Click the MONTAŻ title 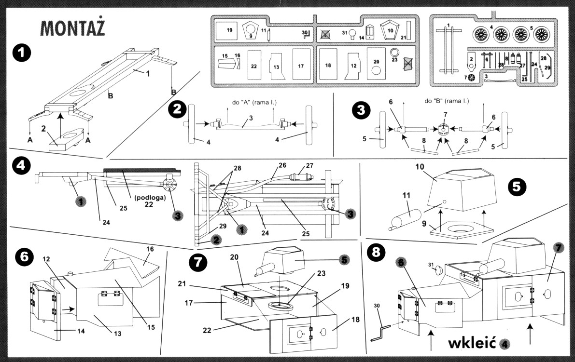click(73, 29)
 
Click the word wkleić click(472, 343)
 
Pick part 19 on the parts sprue click(229, 30)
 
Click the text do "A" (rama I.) click(251, 102)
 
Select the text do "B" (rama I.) click(447, 102)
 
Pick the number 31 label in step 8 click(431, 265)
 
